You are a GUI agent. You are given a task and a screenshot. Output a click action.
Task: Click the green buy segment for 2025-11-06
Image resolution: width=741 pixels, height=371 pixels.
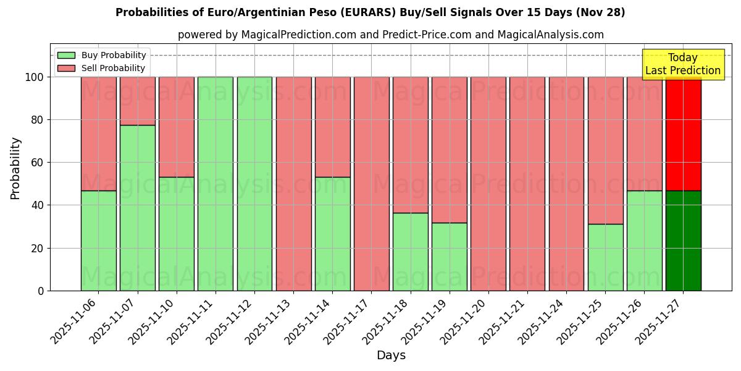point(98,241)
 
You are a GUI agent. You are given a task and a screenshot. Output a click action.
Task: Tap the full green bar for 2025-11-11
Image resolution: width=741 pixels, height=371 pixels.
point(216,184)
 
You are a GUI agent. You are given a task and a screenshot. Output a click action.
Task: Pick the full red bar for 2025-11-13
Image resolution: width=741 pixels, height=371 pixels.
point(293,184)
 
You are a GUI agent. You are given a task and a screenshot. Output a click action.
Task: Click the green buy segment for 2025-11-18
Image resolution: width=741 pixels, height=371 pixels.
point(411,252)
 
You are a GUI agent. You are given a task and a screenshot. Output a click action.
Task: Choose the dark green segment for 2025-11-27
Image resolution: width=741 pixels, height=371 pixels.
point(683,241)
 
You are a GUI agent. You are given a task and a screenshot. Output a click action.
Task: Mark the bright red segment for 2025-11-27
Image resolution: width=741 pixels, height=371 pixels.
point(683,134)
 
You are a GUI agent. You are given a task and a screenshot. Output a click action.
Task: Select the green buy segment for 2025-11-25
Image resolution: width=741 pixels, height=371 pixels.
point(605,257)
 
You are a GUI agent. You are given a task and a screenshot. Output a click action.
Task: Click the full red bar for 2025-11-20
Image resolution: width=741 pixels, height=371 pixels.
point(488,184)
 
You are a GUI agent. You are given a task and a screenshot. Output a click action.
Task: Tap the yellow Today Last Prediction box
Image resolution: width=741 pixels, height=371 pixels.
point(682,64)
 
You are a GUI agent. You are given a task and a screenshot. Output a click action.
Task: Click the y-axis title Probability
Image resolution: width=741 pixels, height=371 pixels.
point(15,168)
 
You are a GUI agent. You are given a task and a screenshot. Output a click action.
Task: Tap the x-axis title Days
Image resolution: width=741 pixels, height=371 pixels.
point(391,356)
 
